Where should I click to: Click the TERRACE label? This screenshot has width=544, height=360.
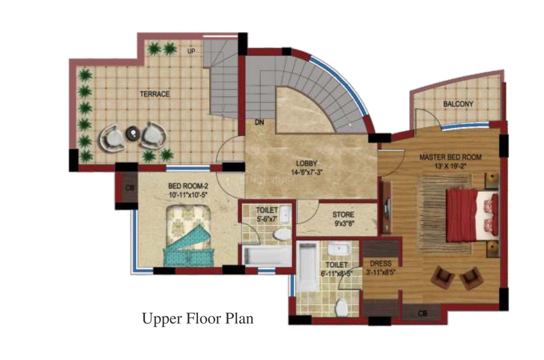154,94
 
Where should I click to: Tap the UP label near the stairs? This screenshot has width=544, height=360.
191,50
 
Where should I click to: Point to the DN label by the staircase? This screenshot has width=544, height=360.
259,123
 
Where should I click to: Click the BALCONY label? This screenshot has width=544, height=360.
458,104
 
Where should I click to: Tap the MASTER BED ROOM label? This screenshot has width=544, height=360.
450,157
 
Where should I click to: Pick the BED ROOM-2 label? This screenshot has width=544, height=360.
186,186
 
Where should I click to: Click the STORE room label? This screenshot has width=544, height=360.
343,215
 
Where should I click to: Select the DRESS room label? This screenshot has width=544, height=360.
380,263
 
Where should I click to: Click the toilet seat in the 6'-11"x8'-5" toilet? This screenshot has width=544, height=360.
341,307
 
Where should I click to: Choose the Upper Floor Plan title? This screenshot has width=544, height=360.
197,319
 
